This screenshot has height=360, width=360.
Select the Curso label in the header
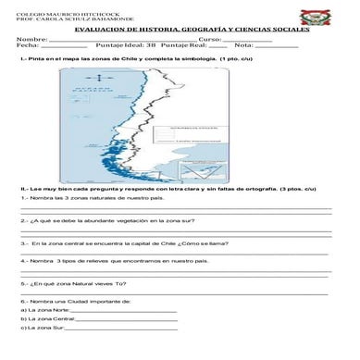click(208, 40)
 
